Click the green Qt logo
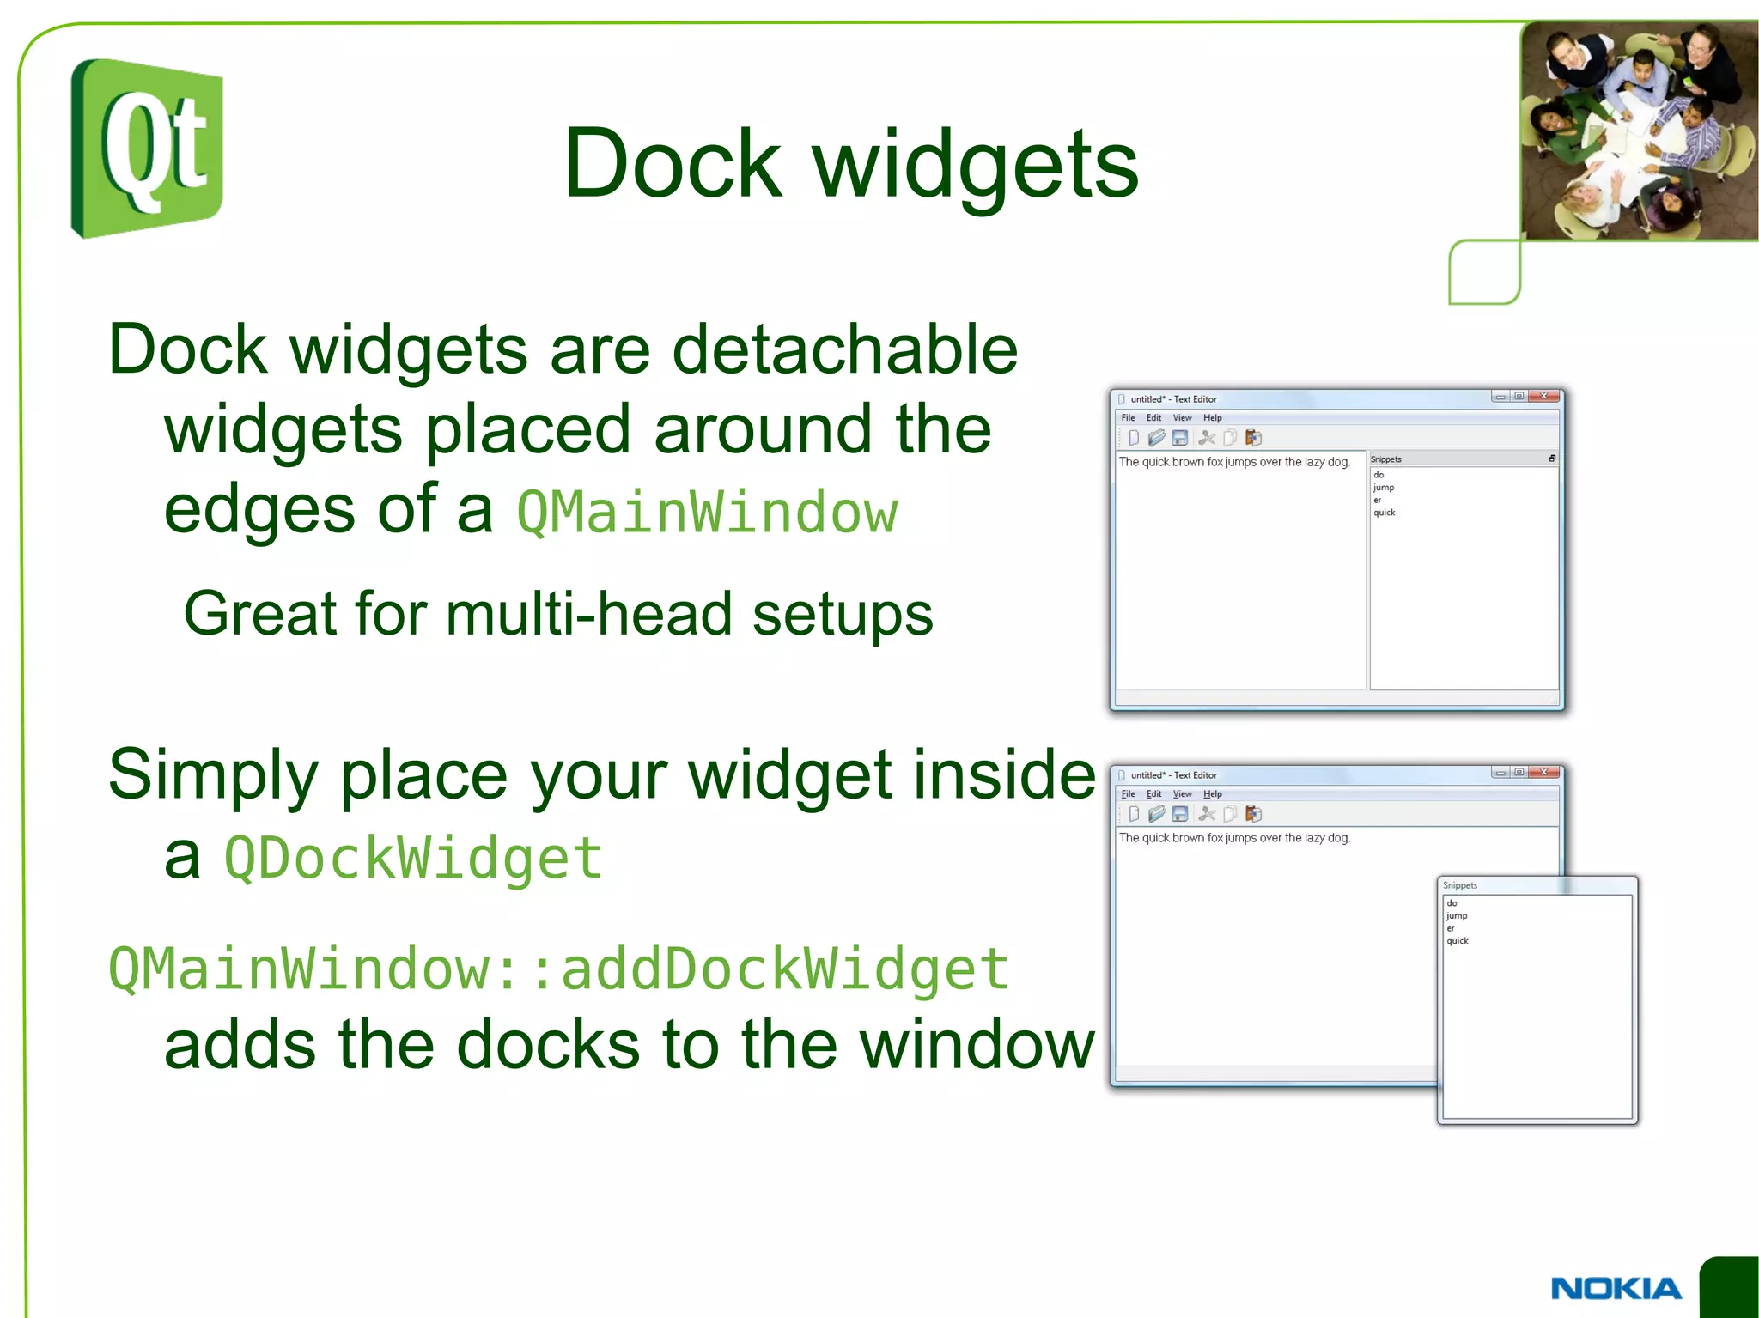coord(147,149)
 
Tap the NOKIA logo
coord(1616,1288)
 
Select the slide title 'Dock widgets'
coord(850,163)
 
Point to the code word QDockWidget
coord(413,858)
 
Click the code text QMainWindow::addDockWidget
coord(558,969)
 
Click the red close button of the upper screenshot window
coord(1544,397)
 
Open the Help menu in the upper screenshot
coord(1212,418)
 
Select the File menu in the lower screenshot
coord(1128,794)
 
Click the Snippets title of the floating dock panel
coord(1459,885)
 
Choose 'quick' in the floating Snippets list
coord(1457,941)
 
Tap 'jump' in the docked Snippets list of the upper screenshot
coord(1383,488)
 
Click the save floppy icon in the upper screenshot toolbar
coord(1180,438)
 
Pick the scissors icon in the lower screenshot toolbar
coord(1207,814)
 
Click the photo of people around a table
coord(1639,131)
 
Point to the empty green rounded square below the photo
coord(1483,272)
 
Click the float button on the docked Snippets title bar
coord(1551,459)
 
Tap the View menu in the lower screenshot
coord(1182,794)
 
